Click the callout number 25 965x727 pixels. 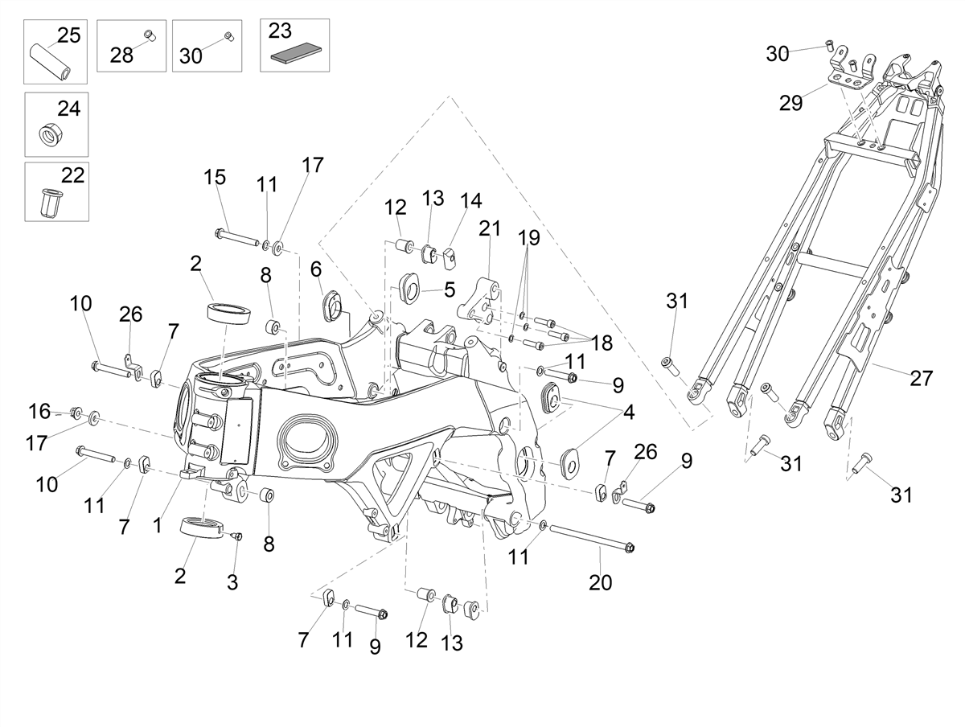point(69,35)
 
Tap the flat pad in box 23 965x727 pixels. point(295,54)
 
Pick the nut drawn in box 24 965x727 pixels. point(52,133)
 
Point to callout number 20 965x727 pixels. point(600,583)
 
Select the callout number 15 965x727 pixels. point(215,177)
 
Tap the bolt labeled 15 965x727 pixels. point(237,237)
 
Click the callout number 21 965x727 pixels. point(490,228)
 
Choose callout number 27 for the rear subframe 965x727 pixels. point(921,378)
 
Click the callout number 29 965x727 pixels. point(791,103)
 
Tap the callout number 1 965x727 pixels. point(157,525)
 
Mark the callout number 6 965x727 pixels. point(316,269)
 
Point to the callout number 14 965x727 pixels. point(471,200)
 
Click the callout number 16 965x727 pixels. point(39,412)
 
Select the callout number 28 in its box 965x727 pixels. point(121,55)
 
